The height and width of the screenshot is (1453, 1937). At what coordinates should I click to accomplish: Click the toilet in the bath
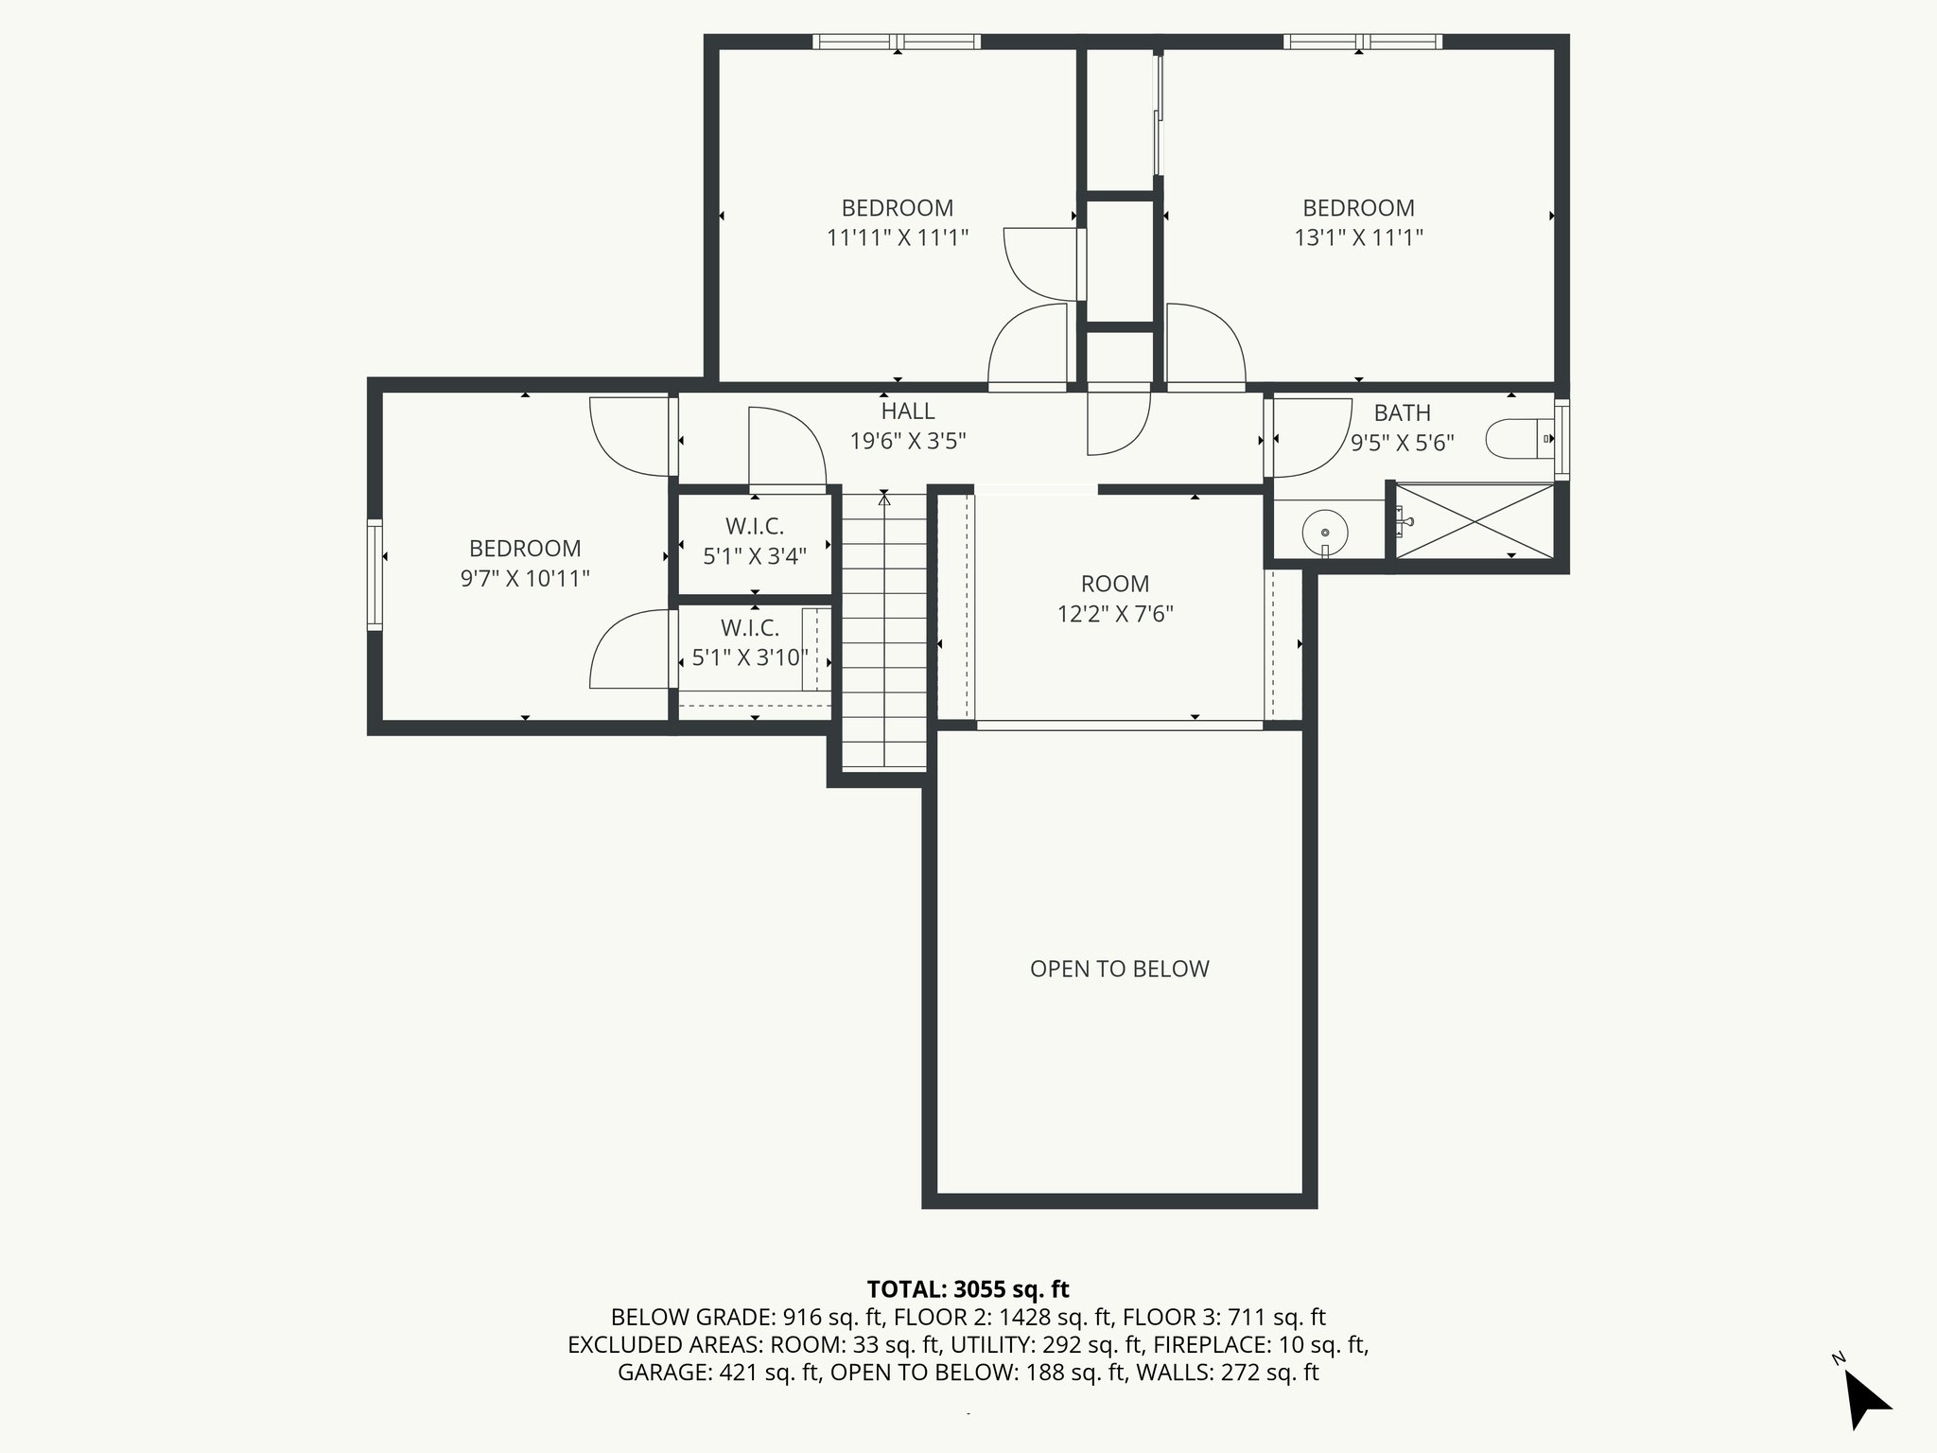(1519, 439)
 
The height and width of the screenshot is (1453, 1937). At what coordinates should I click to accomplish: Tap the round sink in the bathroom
(1325, 534)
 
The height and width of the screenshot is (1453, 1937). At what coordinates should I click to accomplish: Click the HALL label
(908, 411)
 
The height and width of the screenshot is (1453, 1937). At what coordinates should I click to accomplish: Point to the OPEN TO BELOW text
(1120, 969)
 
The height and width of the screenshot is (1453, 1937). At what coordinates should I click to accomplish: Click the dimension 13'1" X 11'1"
(1358, 237)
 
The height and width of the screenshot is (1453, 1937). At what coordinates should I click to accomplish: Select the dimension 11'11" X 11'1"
(898, 237)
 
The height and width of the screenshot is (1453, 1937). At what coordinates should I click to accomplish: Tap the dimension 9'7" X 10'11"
(525, 578)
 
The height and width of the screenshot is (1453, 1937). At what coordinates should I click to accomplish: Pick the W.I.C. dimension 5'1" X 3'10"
(750, 657)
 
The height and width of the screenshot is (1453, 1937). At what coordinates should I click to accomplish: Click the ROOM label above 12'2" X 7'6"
(1115, 584)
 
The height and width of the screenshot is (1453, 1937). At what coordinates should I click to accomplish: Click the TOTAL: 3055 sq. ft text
(968, 1289)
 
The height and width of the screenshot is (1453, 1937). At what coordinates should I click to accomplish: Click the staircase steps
(884, 631)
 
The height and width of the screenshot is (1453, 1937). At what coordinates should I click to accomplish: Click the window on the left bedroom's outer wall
(375, 575)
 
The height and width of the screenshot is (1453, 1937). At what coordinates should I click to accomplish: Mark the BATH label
(1402, 413)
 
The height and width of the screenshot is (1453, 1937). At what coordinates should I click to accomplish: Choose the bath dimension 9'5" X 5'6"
(1402, 443)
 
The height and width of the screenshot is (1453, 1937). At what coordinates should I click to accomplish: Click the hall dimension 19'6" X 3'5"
(908, 441)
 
